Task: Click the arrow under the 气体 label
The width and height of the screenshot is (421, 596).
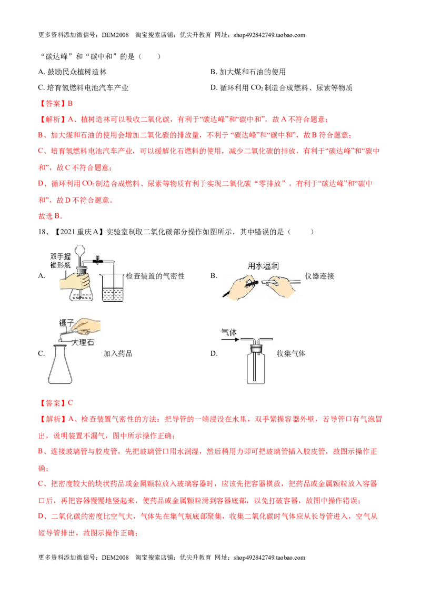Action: click(x=230, y=339)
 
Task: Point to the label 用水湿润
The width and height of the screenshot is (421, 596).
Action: click(x=263, y=266)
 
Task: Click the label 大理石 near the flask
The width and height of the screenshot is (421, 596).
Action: click(x=83, y=342)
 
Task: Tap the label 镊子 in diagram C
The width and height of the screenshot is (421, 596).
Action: click(x=66, y=323)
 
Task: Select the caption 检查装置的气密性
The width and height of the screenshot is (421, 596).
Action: click(x=155, y=276)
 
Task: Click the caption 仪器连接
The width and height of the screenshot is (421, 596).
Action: click(x=319, y=276)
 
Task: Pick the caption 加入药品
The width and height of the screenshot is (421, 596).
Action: click(x=118, y=353)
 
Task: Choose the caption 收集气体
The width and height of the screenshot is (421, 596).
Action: click(x=290, y=353)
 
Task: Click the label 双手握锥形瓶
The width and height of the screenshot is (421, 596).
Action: click(x=61, y=261)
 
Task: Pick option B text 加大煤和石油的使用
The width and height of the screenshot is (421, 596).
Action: click(x=253, y=72)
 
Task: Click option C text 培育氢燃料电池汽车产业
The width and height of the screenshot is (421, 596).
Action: click(x=88, y=88)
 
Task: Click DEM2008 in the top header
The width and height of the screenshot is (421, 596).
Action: click(x=115, y=35)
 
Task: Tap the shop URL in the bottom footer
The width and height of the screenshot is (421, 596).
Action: click(x=269, y=558)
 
